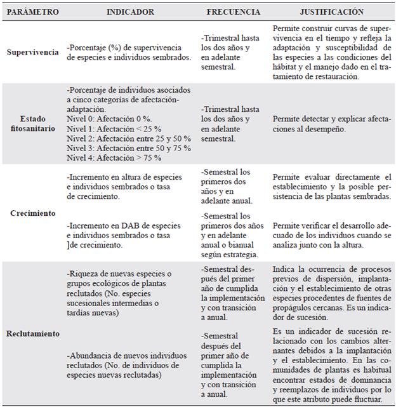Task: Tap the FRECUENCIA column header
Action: (x=233, y=11)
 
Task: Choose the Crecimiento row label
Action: (x=32, y=214)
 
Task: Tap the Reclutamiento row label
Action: (x=32, y=333)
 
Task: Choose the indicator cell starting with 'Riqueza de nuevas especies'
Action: (x=127, y=290)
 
